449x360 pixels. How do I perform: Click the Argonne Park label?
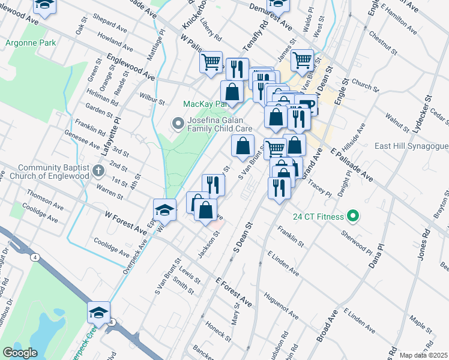point(31,43)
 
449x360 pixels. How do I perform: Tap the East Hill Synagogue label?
point(411,146)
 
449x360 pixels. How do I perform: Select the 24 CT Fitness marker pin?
point(354,217)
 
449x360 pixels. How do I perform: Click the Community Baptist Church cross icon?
point(100,172)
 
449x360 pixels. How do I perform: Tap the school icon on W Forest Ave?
point(164,210)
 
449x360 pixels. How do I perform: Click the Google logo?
point(20,353)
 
